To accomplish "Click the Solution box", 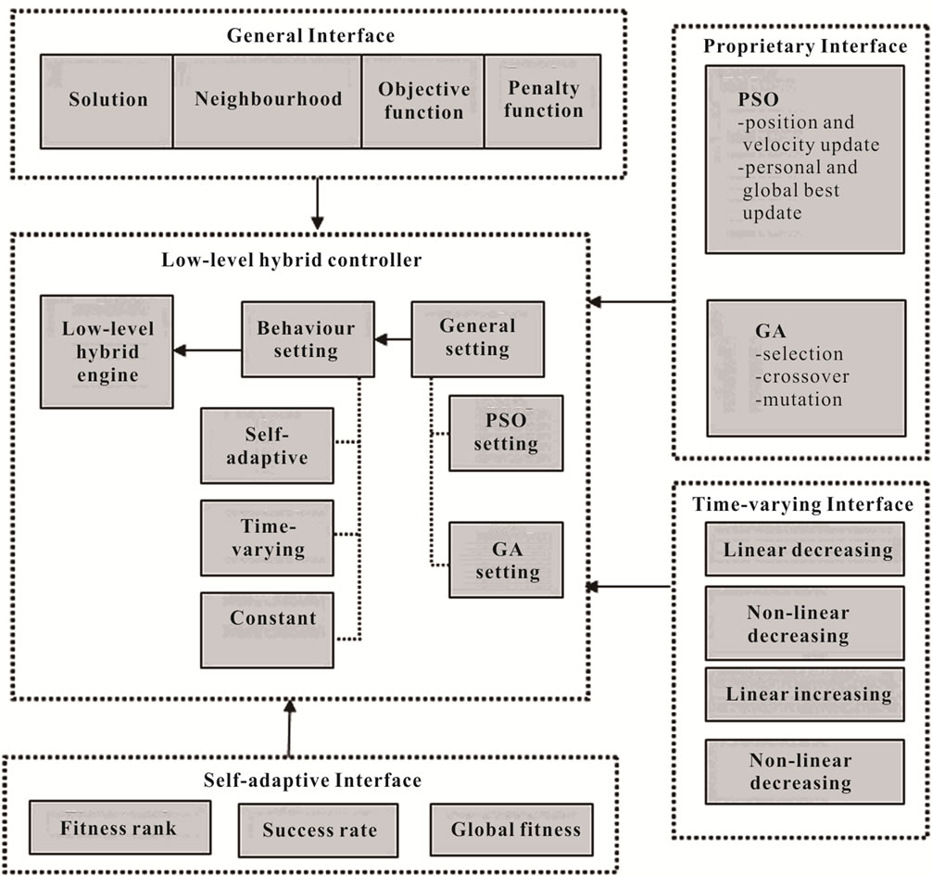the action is pyautogui.click(x=107, y=102).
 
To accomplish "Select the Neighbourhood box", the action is pyautogui.click(x=268, y=102).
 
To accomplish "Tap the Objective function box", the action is pyautogui.click(x=423, y=102).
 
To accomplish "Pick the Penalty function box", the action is pyautogui.click(x=543, y=102).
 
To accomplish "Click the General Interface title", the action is pyautogui.click(x=311, y=35).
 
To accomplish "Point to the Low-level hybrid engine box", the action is pyautogui.click(x=107, y=351).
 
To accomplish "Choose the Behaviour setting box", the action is pyautogui.click(x=308, y=339).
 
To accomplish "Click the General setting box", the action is pyautogui.click(x=478, y=339).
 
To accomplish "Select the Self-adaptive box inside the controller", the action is pyautogui.click(x=267, y=446).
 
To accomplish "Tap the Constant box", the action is pyautogui.click(x=267, y=629).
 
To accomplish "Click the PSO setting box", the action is pyautogui.click(x=506, y=433).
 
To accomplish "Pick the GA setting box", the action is pyautogui.click(x=506, y=560).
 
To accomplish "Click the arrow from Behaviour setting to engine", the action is pyautogui.click(x=208, y=350).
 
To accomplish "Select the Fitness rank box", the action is pyautogui.click(x=120, y=827).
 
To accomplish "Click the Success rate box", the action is pyautogui.click(x=319, y=831).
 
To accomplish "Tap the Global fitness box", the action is pyautogui.click(x=511, y=830).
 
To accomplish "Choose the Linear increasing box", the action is pyautogui.click(x=805, y=694).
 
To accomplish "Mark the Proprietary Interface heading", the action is pyautogui.click(x=805, y=46).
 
